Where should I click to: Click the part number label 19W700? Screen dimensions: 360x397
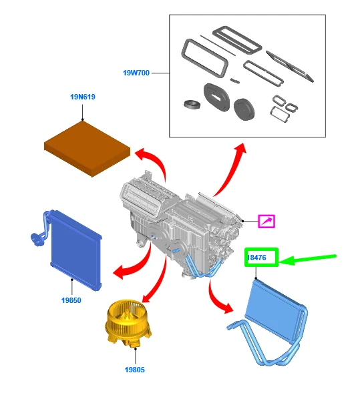136,73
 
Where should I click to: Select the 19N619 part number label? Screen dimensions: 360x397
83,97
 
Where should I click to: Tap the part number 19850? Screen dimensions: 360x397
71,300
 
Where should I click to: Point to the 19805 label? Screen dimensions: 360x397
135,370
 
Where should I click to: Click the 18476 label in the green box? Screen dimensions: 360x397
256,258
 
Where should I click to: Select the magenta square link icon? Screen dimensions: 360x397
266,222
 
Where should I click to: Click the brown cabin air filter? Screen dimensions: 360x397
87,149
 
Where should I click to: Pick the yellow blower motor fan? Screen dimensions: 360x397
128,324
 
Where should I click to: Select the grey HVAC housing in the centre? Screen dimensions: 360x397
180,223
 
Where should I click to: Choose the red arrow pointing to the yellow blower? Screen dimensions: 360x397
156,278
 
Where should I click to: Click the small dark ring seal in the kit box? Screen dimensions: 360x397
192,104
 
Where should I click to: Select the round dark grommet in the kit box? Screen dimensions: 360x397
244,109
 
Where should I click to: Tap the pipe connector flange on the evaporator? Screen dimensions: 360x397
36,240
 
